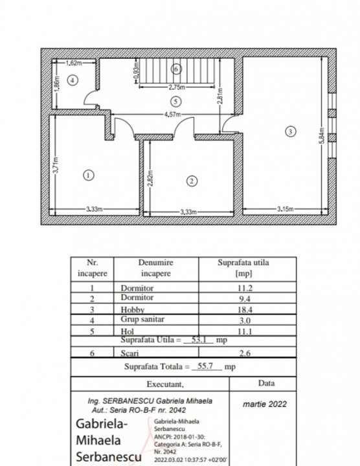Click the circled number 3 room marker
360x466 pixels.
pyautogui.click(x=290, y=131)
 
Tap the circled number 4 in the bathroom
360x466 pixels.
pyautogui.click(x=73, y=80)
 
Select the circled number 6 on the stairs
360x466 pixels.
pyautogui.click(x=176, y=69)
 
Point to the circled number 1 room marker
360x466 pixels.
pyautogui.click(x=88, y=175)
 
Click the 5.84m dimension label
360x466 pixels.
pyautogui.click(x=321, y=136)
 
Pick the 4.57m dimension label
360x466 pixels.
pyautogui.click(x=172, y=115)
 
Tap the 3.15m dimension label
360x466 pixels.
pyautogui.click(x=285, y=209)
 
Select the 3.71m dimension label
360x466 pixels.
pyautogui.click(x=56, y=166)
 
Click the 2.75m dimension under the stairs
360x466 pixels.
pyautogui.click(x=177, y=87)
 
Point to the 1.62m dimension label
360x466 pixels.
pyautogui.click(x=73, y=63)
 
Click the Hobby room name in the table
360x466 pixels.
pyautogui.click(x=133, y=309)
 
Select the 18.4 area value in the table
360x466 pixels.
pyautogui.click(x=245, y=309)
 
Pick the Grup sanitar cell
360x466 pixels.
pyautogui.click(x=142, y=319)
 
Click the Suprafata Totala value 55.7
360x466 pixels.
pyautogui.click(x=205, y=366)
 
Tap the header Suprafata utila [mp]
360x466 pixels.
pyautogui.click(x=243, y=268)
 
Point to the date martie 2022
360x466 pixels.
pyautogui.click(x=265, y=404)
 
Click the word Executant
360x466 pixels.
pyautogui.click(x=165, y=384)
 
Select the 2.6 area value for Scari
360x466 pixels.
pyautogui.click(x=245, y=353)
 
